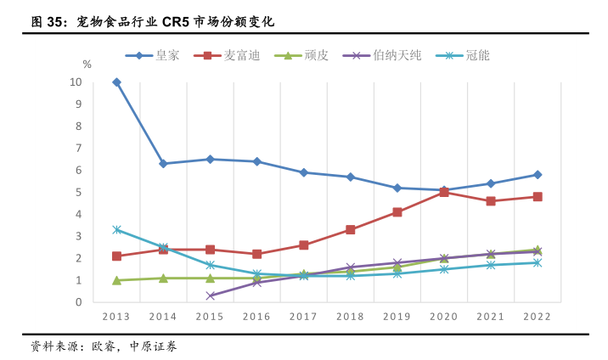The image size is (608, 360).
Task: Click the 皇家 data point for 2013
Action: pos(116,82)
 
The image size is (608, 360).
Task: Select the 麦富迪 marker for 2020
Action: pos(444,192)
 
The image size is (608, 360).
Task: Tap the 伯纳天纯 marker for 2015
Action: pos(211,295)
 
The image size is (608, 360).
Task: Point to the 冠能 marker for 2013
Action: pos(116,229)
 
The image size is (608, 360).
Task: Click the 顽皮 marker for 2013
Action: pos(116,280)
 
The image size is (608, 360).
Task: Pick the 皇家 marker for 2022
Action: pos(538,175)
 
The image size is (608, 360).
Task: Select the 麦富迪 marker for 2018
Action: pos(351,229)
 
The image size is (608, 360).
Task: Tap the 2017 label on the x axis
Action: pos(303,316)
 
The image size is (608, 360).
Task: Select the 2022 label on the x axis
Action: pos(538,316)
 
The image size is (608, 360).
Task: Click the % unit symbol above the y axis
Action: pos(87,65)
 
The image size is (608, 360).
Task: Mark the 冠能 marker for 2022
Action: pos(538,262)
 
